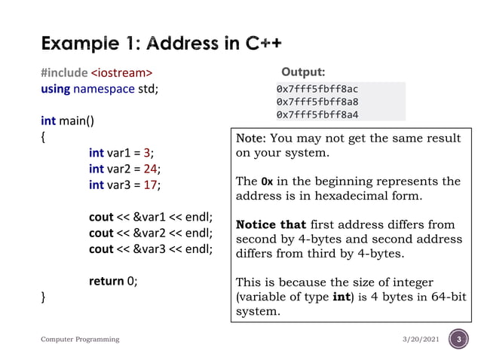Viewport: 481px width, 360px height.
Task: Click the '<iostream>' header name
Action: (x=121, y=73)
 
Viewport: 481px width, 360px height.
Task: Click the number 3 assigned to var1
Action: (x=148, y=153)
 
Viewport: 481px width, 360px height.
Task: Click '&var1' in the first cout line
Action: (x=149, y=217)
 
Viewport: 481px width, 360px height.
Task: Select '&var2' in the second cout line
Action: (x=149, y=233)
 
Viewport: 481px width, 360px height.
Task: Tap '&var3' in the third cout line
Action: (x=149, y=249)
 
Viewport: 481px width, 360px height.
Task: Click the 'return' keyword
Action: (x=106, y=281)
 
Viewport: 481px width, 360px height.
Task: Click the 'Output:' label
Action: (x=303, y=72)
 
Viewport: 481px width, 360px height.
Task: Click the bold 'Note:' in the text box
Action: (x=251, y=139)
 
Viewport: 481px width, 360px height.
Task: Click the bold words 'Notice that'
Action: (x=271, y=224)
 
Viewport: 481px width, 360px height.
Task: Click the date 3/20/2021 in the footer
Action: (x=421, y=340)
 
